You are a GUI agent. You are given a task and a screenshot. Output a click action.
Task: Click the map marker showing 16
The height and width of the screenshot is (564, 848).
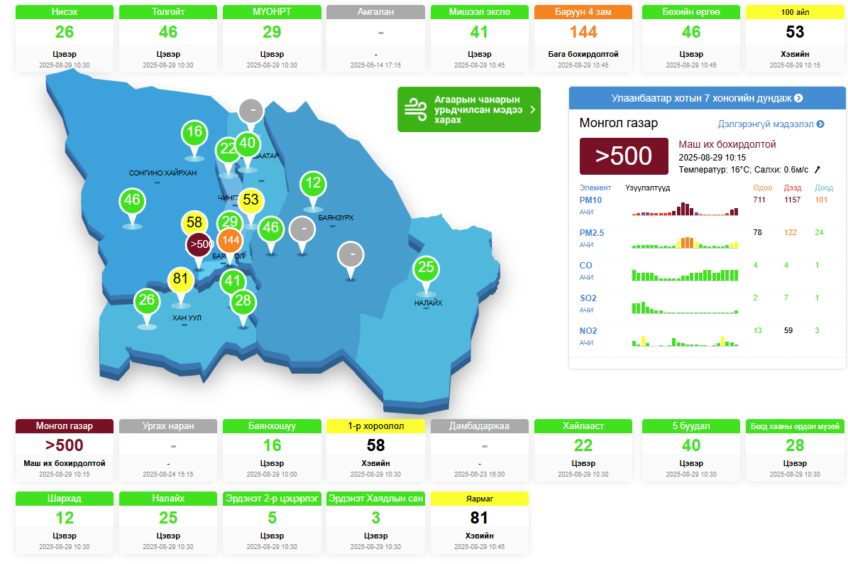pos(195,132)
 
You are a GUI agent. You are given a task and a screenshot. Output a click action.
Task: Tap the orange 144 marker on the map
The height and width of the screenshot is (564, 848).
pos(230,240)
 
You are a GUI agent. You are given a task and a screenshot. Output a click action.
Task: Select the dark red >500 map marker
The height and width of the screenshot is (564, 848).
pos(199,244)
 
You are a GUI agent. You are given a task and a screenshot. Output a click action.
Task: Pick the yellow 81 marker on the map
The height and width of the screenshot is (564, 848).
pos(181,279)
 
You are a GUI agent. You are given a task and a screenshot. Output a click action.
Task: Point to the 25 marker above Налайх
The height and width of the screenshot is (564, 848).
pos(426,268)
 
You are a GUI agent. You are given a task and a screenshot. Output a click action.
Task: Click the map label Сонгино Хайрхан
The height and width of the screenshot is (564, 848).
pos(163,173)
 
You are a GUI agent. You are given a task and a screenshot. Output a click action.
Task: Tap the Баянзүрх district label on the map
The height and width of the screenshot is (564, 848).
pos(336,217)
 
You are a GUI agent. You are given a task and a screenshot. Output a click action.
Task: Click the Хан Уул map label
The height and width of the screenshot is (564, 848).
pos(187,318)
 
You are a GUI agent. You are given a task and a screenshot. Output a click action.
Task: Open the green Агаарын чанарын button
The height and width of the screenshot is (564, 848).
pos(468,109)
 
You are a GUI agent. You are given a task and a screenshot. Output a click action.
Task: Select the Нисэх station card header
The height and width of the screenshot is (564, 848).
pos(65,12)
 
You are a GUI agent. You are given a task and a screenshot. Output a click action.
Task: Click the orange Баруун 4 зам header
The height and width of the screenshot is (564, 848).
pos(583,12)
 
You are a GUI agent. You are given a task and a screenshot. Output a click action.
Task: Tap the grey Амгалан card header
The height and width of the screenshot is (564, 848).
pos(375,12)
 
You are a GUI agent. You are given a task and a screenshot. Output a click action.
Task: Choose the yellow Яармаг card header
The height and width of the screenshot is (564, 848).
pos(480,499)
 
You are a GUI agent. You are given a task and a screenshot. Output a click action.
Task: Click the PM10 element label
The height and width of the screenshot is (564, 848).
pos(590,200)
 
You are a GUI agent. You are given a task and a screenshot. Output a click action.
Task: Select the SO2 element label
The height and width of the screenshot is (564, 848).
pos(588,298)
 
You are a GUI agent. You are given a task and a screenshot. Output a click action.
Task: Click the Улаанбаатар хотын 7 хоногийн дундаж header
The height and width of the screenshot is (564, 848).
pos(707,98)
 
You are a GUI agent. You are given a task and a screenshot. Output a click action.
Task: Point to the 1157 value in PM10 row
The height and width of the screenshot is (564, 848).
pos(792,200)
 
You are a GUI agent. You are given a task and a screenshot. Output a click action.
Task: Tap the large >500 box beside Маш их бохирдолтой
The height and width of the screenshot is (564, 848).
pos(624,156)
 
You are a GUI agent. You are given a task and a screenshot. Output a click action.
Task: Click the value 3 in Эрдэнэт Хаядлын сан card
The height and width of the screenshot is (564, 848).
pos(375,518)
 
